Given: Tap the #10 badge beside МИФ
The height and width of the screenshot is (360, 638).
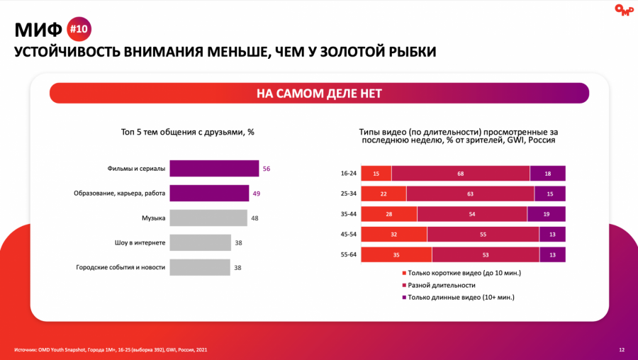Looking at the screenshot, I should (x=79, y=30).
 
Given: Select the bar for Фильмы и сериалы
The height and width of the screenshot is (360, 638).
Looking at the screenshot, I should (x=214, y=169).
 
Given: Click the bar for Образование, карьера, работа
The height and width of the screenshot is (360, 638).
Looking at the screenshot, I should (x=209, y=193).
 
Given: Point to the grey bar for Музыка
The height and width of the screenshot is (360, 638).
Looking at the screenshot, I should (x=208, y=218).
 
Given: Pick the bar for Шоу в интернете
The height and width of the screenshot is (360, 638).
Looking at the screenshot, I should (x=201, y=242).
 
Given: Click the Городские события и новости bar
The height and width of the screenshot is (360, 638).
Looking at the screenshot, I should (x=200, y=267).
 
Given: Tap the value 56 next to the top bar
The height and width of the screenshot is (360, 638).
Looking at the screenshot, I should (x=267, y=169).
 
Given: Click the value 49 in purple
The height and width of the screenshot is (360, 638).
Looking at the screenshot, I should (x=257, y=193).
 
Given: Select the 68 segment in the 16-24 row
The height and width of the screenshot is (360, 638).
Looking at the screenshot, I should (x=461, y=174).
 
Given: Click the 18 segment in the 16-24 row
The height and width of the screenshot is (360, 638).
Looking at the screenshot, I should (x=547, y=174).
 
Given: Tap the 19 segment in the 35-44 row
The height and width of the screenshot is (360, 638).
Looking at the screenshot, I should (x=546, y=214).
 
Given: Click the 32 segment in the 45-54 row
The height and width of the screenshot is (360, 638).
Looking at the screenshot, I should (x=394, y=235).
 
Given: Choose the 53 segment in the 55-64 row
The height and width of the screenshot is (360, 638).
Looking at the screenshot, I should (x=485, y=254).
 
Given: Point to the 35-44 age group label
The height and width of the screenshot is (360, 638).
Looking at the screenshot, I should (x=348, y=214).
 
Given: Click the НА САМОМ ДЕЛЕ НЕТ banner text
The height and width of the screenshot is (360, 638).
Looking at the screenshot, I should (x=319, y=94).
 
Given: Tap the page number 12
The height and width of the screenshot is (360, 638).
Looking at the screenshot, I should (x=622, y=349).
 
